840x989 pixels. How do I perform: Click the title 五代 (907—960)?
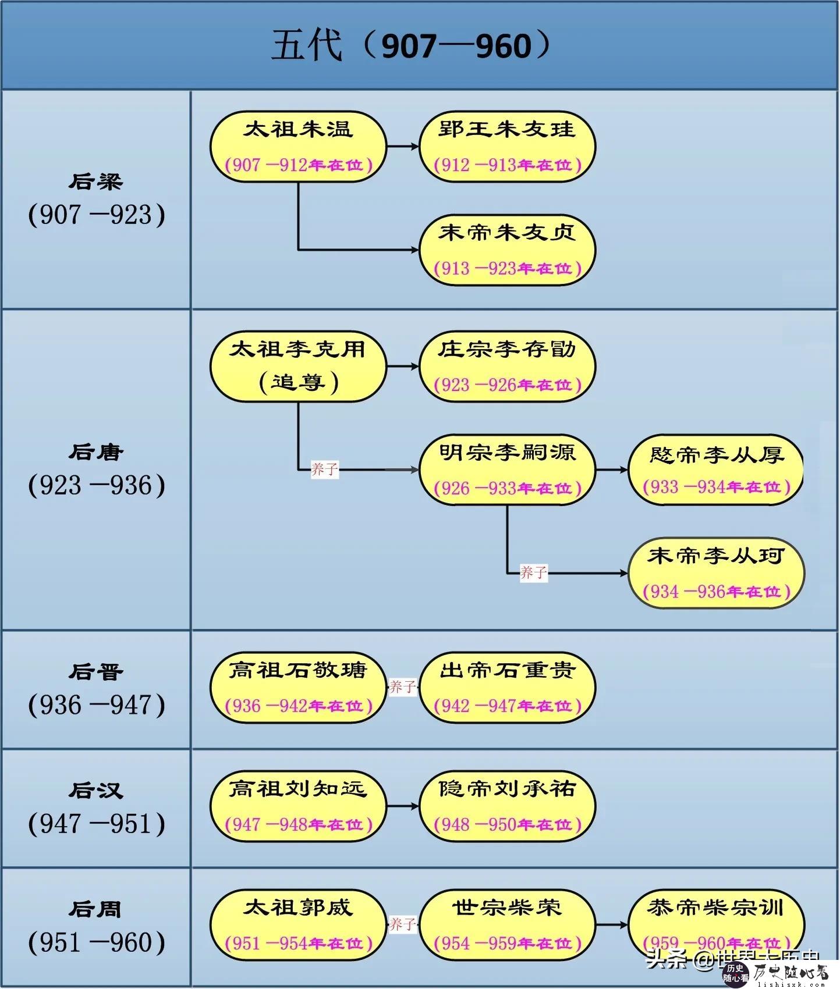click(x=411, y=45)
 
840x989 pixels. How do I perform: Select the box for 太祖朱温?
click(x=298, y=147)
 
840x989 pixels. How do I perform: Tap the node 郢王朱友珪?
click(x=507, y=147)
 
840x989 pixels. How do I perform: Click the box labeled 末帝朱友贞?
click(x=507, y=250)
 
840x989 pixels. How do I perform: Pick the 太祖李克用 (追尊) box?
click(x=298, y=367)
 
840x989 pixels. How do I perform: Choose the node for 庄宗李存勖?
click(x=507, y=367)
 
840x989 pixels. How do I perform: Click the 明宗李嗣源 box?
click(x=507, y=469)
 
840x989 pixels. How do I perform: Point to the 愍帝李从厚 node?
click(x=716, y=469)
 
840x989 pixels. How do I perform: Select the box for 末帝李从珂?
click(x=716, y=574)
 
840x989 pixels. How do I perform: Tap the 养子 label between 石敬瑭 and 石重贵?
click(x=403, y=687)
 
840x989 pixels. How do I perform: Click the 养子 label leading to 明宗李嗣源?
click(x=325, y=469)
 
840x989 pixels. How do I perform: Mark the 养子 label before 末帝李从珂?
click(x=533, y=573)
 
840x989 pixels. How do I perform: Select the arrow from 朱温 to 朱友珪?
click(x=403, y=147)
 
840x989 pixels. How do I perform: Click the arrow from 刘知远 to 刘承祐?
click(x=403, y=806)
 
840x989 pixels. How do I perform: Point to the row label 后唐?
click(x=96, y=452)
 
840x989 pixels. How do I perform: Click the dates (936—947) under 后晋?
click(x=97, y=705)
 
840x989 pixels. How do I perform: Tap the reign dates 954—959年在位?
click(x=507, y=944)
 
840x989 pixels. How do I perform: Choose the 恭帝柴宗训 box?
click(x=716, y=924)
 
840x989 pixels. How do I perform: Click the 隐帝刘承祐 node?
click(x=507, y=806)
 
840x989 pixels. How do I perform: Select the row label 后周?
click(x=96, y=909)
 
